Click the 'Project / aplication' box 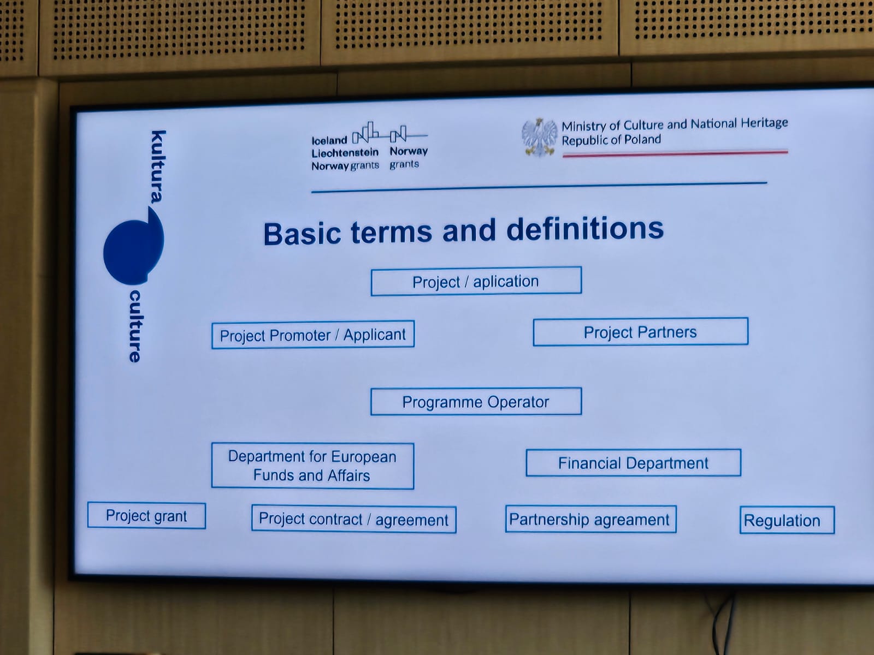pos(476,281)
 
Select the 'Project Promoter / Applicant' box pos(313,335)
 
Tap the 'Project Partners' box pos(641,332)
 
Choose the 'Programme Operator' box pos(476,401)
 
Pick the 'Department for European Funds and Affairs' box pos(312,466)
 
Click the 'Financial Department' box pos(634,462)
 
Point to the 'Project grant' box pos(146,516)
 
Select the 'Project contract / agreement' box pos(354,520)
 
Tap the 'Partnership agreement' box pos(591,520)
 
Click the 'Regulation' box pos(787,520)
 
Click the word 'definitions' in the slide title pos(585,229)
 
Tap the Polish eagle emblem pos(540,137)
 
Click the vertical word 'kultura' pos(158,166)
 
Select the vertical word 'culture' pos(135,326)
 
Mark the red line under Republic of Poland pos(675,153)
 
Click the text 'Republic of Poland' pos(611,140)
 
